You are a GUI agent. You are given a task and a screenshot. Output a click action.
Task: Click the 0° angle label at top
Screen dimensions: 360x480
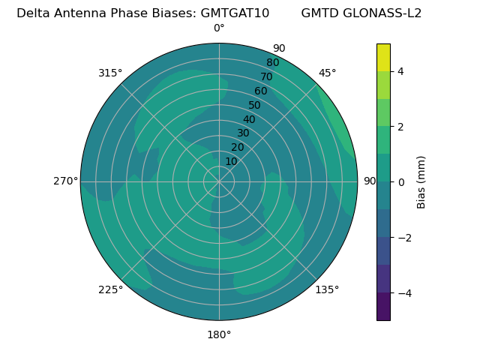(x=219, y=28)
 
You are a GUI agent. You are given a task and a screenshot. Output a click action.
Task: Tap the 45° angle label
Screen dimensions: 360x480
(x=327, y=73)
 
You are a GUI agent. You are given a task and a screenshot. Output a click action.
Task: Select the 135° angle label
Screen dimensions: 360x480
(x=327, y=289)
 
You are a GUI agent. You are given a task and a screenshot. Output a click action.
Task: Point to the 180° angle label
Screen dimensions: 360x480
(x=219, y=334)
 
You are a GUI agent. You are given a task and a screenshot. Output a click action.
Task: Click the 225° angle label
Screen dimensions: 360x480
(x=110, y=289)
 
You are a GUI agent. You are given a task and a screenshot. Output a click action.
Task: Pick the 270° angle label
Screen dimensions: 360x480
(x=65, y=181)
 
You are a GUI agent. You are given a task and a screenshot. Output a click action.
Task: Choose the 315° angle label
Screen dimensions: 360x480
(x=110, y=73)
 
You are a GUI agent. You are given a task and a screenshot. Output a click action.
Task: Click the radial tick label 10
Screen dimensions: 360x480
(x=231, y=161)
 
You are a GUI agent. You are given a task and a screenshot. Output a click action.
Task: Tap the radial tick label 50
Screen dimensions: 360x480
(x=255, y=105)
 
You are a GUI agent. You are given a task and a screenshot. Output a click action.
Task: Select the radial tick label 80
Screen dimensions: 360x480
(x=273, y=62)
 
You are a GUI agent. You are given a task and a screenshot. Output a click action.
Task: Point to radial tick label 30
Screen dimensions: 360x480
(x=243, y=133)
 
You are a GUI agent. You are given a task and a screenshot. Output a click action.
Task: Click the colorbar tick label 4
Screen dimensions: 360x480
(x=400, y=71)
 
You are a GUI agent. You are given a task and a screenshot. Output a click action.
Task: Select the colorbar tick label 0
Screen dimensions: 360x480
(x=400, y=182)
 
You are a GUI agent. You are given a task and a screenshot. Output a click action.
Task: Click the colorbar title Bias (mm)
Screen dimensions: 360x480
(x=421, y=182)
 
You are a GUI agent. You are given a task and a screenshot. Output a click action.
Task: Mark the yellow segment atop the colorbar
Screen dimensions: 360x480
(x=383, y=57)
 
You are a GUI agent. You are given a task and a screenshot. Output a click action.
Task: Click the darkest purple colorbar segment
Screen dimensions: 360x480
(x=383, y=307)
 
